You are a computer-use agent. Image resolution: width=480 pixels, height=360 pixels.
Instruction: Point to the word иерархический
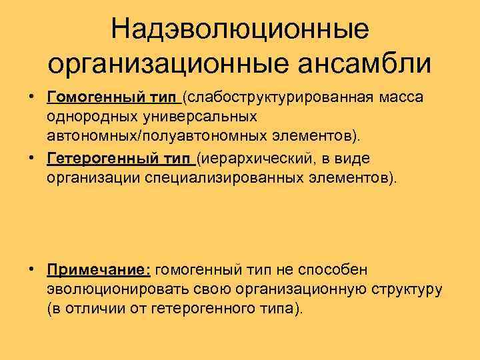coord(253,159)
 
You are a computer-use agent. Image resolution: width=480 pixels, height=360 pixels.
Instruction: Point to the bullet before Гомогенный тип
coord(31,99)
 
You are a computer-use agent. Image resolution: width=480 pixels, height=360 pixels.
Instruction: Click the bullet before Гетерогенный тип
coord(31,159)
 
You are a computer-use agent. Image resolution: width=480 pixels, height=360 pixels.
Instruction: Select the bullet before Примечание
coord(31,270)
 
